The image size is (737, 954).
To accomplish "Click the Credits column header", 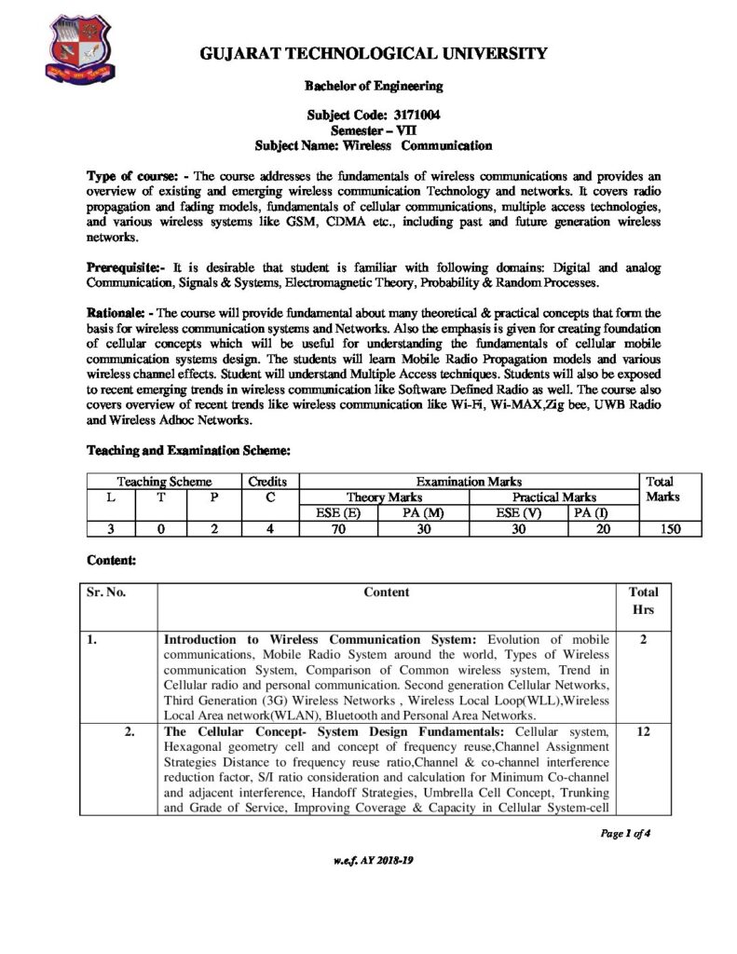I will pyautogui.click(x=268, y=482).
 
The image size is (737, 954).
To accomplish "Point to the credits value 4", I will pyautogui.click(x=268, y=529).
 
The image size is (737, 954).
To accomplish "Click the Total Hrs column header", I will pyautogui.click(x=643, y=600).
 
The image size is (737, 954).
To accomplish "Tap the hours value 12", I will pyautogui.click(x=643, y=733).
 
